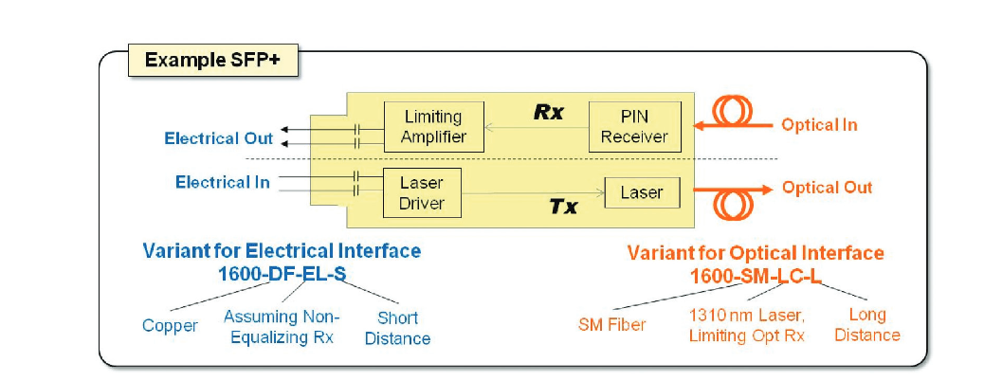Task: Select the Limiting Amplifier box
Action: [x=432, y=127]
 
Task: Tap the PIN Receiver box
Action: [x=634, y=127]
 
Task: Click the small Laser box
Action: [x=642, y=192]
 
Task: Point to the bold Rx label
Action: [x=548, y=112]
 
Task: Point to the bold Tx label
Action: [x=563, y=206]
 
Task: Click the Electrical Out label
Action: [x=218, y=138]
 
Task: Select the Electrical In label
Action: [x=222, y=181]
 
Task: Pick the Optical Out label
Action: [x=827, y=188]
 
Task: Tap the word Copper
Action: [x=170, y=326]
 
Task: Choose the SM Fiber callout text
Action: [x=611, y=325]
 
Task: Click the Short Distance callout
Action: [x=397, y=328]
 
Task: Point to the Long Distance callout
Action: [x=867, y=324]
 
